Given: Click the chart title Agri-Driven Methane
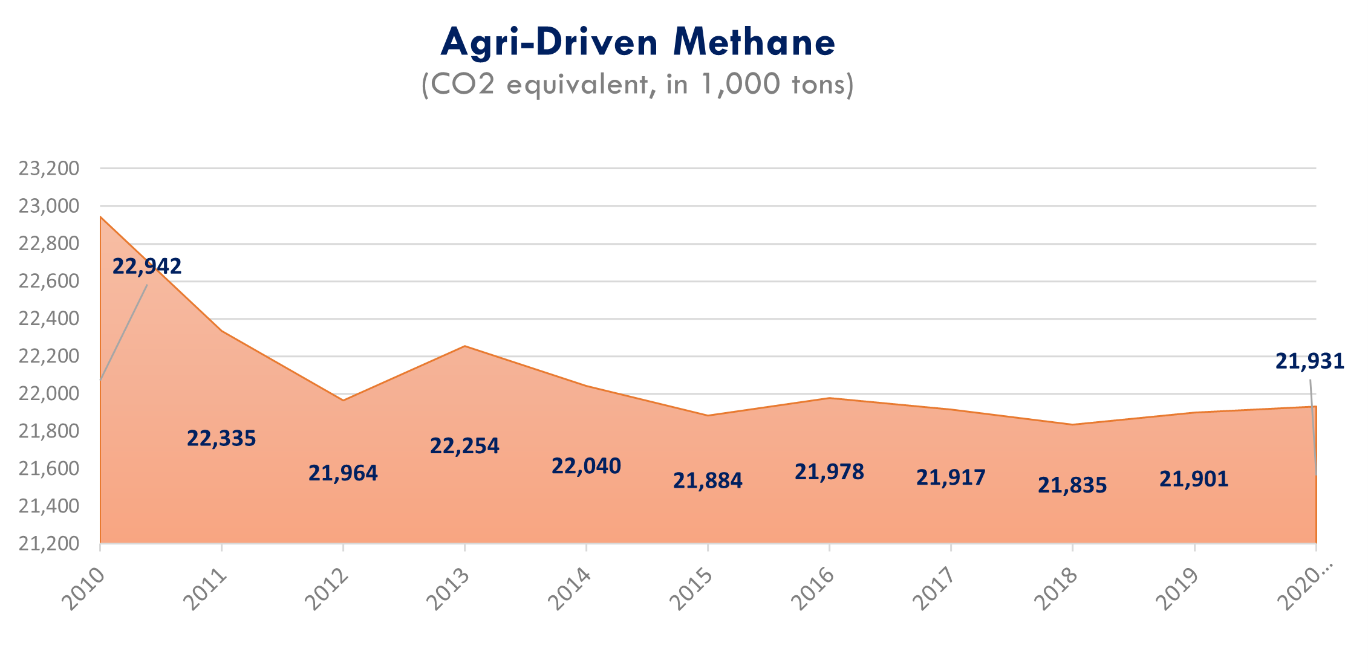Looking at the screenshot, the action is click(x=638, y=42).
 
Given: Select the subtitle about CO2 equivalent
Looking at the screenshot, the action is click(x=638, y=84).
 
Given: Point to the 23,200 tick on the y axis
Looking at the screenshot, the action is click(x=49, y=168).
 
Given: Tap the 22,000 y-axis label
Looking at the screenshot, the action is click(x=49, y=393).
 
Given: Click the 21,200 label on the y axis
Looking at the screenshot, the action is click(x=49, y=543).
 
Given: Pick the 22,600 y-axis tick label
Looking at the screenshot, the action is click(x=49, y=281).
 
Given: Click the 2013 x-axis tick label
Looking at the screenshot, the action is click(x=448, y=589).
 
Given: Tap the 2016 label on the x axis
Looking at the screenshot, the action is click(x=813, y=589).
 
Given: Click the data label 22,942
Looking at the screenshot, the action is click(x=147, y=266).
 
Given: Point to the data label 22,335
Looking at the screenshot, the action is click(x=221, y=438).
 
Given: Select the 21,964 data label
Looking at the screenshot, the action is click(x=343, y=473).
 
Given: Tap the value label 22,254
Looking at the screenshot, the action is click(x=464, y=445).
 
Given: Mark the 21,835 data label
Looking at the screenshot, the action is click(x=1072, y=485).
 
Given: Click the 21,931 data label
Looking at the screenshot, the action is click(x=1310, y=361).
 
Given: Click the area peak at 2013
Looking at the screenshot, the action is click(x=464, y=346).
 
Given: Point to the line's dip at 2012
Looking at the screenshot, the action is click(x=343, y=400).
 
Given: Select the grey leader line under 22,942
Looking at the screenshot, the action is click(x=124, y=332).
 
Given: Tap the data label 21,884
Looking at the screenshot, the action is click(x=708, y=480).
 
